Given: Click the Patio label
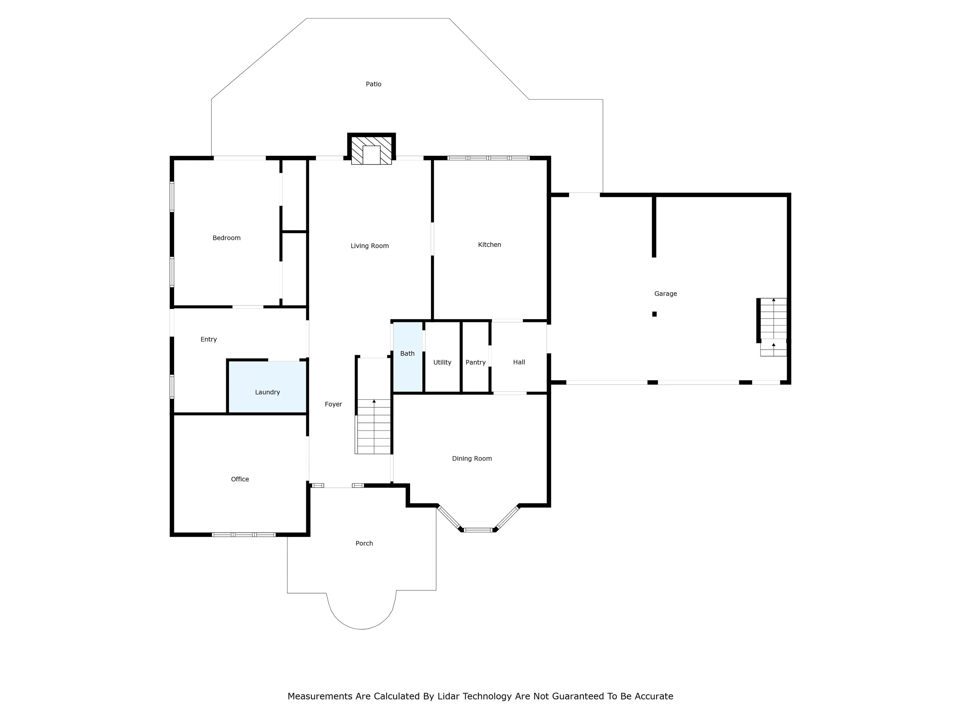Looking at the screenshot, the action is click(x=373, y=84).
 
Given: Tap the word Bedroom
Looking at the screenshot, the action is click(x=226, y=238).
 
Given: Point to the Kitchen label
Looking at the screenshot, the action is click(x=489, y=245).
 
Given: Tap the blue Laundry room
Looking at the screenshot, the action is click(x=267, y=387).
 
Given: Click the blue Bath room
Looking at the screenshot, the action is click(x=408, y=357).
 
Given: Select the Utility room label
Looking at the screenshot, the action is click(x=442, y=362).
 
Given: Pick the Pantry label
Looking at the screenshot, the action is click(x=475, y=362).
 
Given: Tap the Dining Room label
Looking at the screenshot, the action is click(x=472, y=458).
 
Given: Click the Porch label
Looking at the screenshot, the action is click(x=364, y=543).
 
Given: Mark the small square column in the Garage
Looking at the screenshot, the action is click(x=654, y=314).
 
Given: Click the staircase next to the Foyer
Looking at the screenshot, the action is click(x=373, y=426).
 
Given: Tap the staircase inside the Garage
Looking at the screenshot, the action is click(x=773, y=327).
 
